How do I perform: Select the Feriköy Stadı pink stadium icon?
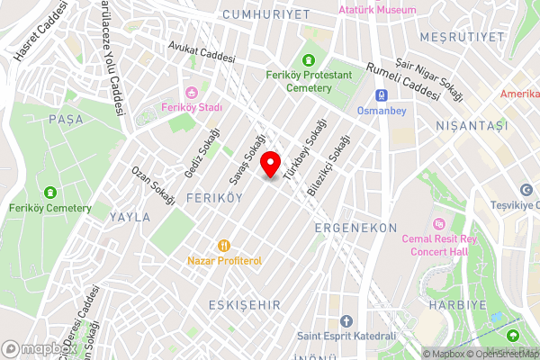[191, 92]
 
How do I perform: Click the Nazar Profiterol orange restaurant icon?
[224, 244]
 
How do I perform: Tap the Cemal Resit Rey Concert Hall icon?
[439, 222]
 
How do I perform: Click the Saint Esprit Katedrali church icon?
[347, 321]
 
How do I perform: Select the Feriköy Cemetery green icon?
[49, 192]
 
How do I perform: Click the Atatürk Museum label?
[377, 10]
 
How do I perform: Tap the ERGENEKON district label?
[355, 229]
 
